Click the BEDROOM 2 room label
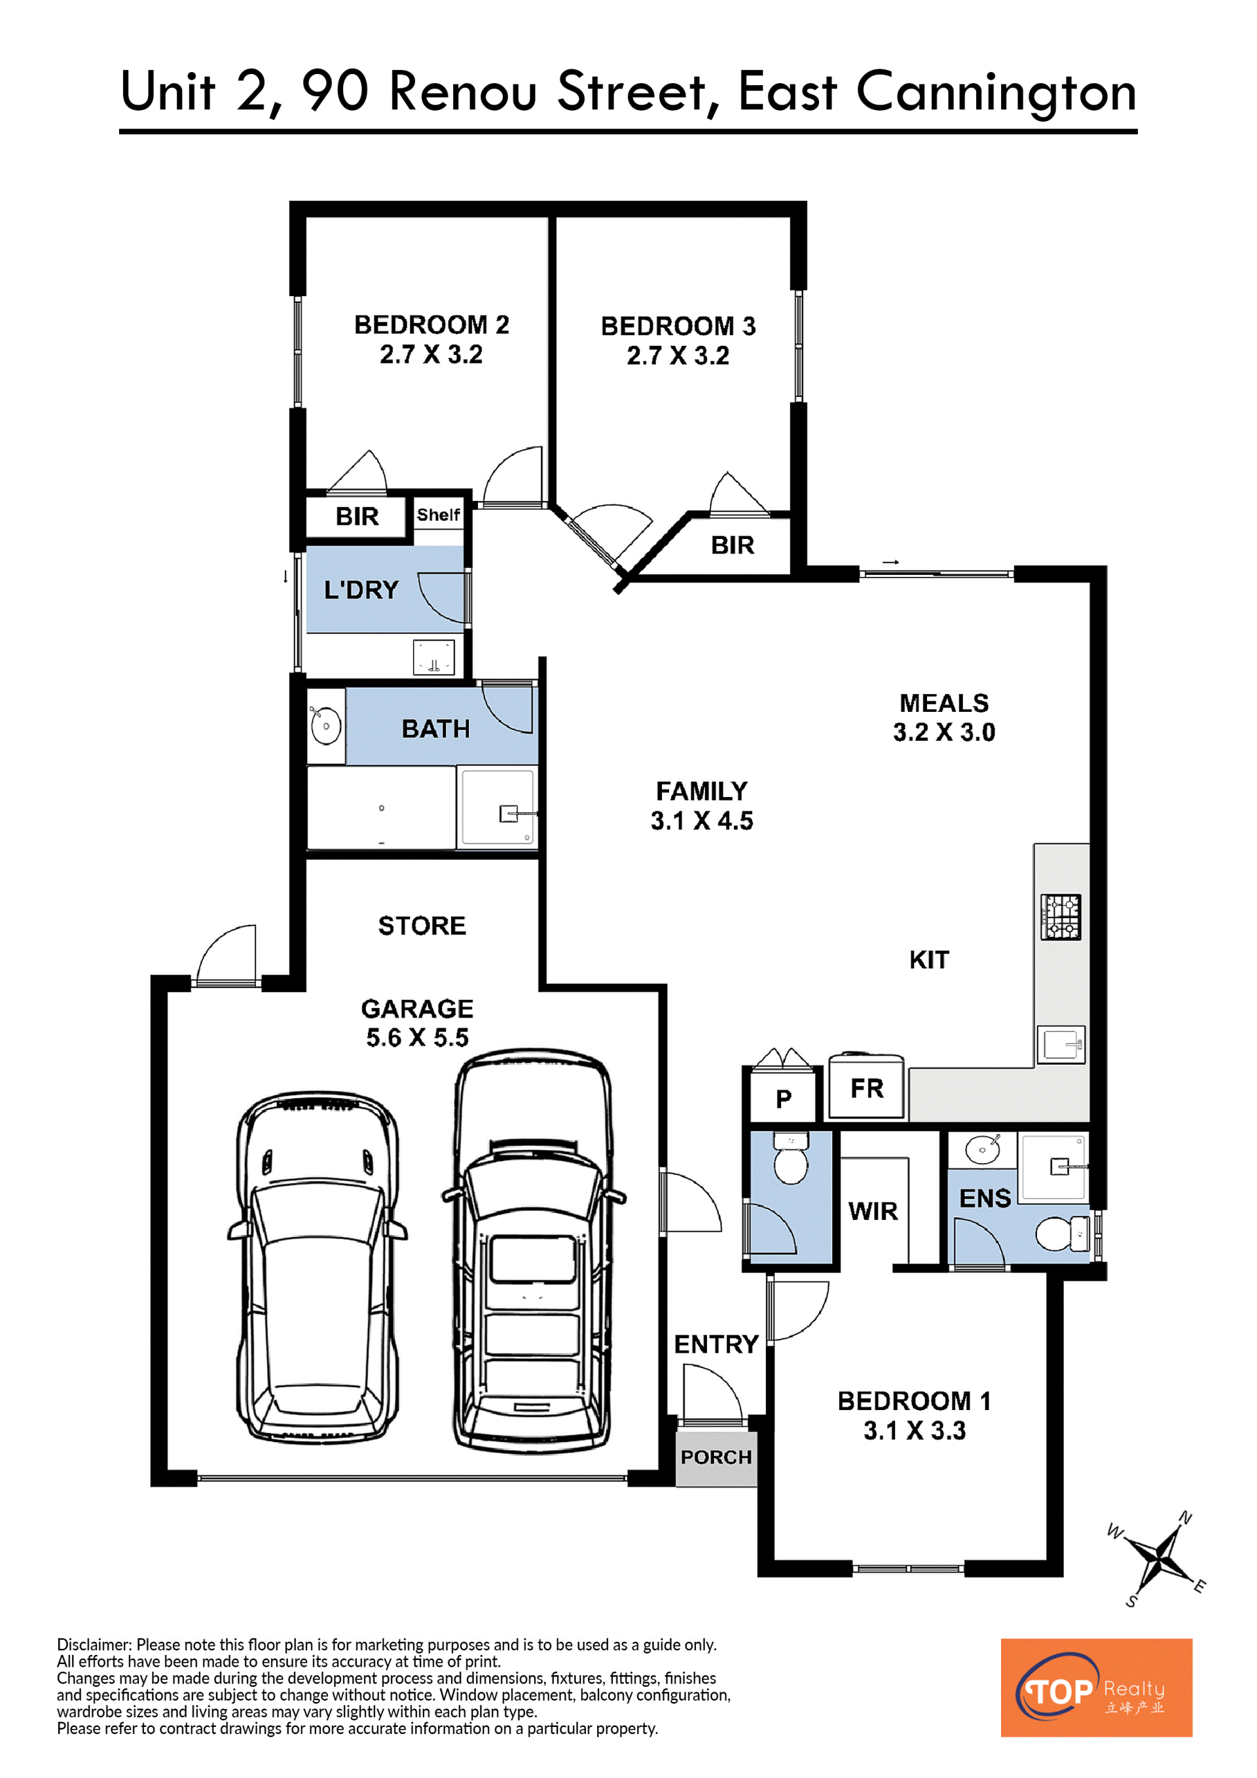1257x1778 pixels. pos(431,324)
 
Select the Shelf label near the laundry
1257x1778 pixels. pos(438,514)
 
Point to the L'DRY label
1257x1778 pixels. pos(361,589)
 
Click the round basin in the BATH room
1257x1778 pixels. pos(326,726)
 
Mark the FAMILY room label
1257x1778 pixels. pos(701,790)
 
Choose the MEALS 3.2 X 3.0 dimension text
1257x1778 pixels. pos(943,732)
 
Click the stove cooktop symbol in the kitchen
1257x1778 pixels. pos(1061,917)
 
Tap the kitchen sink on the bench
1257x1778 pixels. pos(1061,1045)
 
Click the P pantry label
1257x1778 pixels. pos(783,1098)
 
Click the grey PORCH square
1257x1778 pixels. pos(716,1457)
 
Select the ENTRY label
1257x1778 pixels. pos(716,1344)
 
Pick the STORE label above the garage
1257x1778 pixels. pos(422,925)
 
